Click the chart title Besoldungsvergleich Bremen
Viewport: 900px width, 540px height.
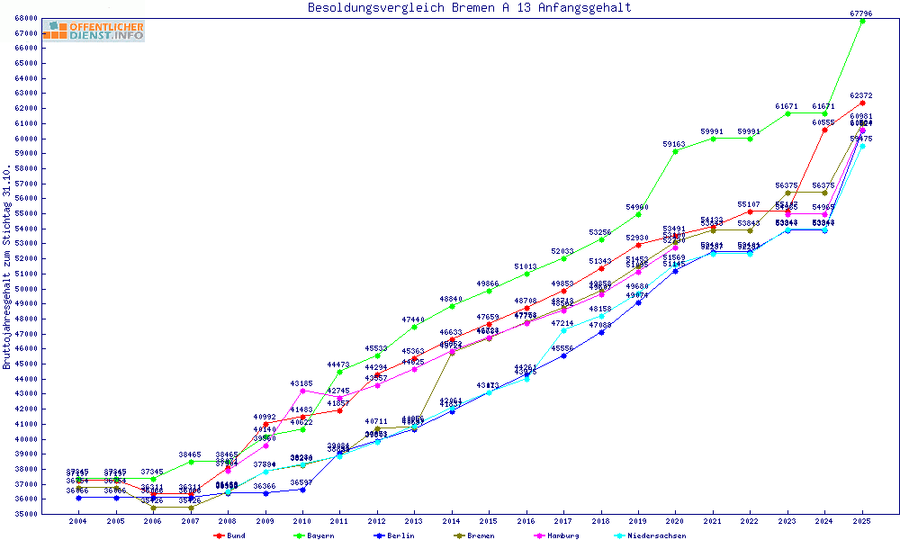[469, 8]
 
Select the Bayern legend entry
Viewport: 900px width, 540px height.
[314, 535]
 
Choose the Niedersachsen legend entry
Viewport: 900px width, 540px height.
[655, 535]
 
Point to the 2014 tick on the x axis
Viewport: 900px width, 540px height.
[452, 521]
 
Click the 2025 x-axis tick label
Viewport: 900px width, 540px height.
[862, 521]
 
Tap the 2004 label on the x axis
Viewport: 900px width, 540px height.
[78, 521]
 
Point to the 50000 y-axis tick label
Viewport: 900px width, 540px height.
[25, 288]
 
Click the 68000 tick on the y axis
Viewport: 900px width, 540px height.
[25, 18]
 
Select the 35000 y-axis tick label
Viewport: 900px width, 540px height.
[25, 513]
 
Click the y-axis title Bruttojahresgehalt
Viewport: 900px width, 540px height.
[8, 265]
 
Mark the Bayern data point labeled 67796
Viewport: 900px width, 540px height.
[862, 21]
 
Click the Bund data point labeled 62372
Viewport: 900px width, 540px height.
[862, 103]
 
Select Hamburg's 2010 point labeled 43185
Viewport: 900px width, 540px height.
[302, 391]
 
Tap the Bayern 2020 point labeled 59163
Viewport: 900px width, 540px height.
[676, 151]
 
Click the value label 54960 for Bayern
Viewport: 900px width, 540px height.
[637, 207]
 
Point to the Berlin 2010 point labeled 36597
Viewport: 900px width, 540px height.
[302, 490]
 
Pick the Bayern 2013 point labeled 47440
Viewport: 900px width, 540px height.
[414, 327]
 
